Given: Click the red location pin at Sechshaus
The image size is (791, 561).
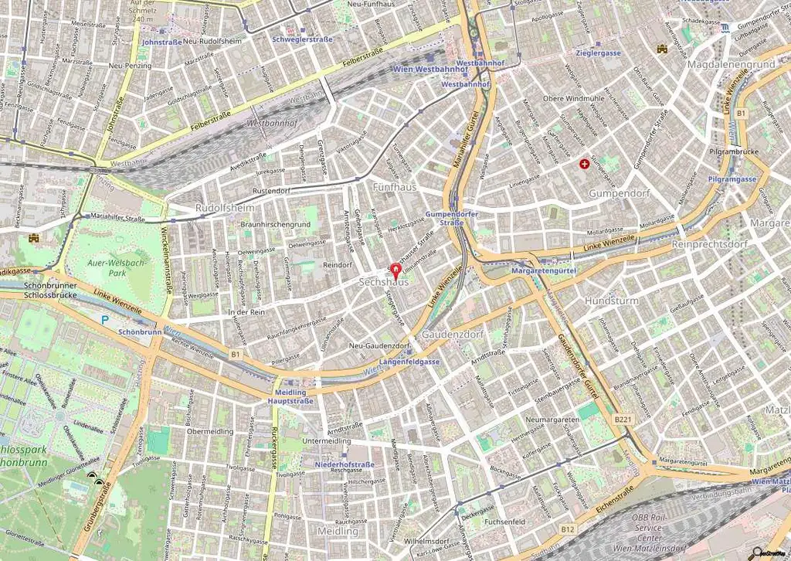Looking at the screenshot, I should (396, 270).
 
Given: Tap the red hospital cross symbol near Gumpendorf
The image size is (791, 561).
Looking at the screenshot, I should (584, 164).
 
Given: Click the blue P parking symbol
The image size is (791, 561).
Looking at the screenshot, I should (105, 319).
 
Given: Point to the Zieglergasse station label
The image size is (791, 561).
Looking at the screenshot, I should (598, 53).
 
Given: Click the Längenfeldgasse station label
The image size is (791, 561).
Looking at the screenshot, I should (409, 362).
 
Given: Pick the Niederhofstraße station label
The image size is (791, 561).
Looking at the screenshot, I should (345, 464).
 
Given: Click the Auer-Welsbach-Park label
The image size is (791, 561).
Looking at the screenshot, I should (107, 268).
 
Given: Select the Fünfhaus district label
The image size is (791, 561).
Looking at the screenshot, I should (394, 187).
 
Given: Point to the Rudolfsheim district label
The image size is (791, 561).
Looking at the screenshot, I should (225, 209).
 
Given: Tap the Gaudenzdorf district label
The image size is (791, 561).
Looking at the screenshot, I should (452, 335).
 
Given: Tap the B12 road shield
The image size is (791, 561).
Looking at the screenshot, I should (568, 529).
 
